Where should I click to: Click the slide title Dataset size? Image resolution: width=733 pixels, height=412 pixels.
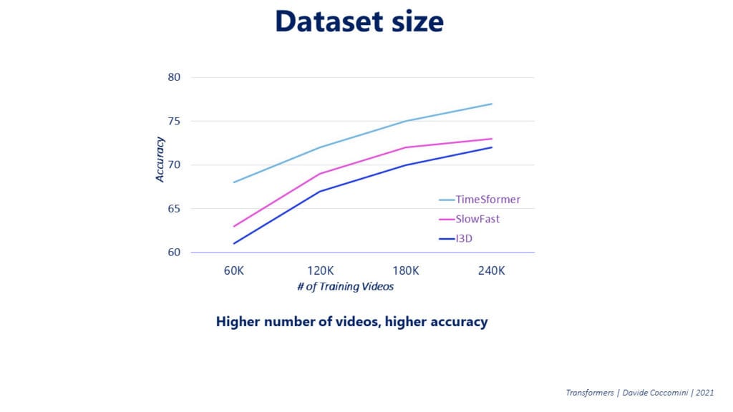click(x=359, y=22)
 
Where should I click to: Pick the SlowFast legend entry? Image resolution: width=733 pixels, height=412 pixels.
click(x=477, y=219)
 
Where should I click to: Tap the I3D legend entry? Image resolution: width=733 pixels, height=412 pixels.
click(x=465, y=237)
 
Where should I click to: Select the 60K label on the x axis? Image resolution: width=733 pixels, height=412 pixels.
click(x=235, y=271)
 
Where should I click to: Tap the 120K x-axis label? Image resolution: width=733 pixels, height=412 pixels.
click(x=320, y=271)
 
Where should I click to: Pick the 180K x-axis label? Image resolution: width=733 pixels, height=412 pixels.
click(x=406, y=271)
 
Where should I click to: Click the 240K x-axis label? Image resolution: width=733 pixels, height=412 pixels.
click(x=492, y=271)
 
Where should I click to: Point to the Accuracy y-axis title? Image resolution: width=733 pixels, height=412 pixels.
click(x=160, y=159)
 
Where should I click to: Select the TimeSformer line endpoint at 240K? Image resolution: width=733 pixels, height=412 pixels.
click(x=492, y=104)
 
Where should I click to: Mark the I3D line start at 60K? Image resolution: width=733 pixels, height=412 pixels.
click(x=235, y=243)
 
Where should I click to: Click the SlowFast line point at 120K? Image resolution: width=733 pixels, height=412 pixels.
click(x=320, y=174)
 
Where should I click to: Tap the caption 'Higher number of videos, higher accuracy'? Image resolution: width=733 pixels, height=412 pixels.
click(x=351, y=321)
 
